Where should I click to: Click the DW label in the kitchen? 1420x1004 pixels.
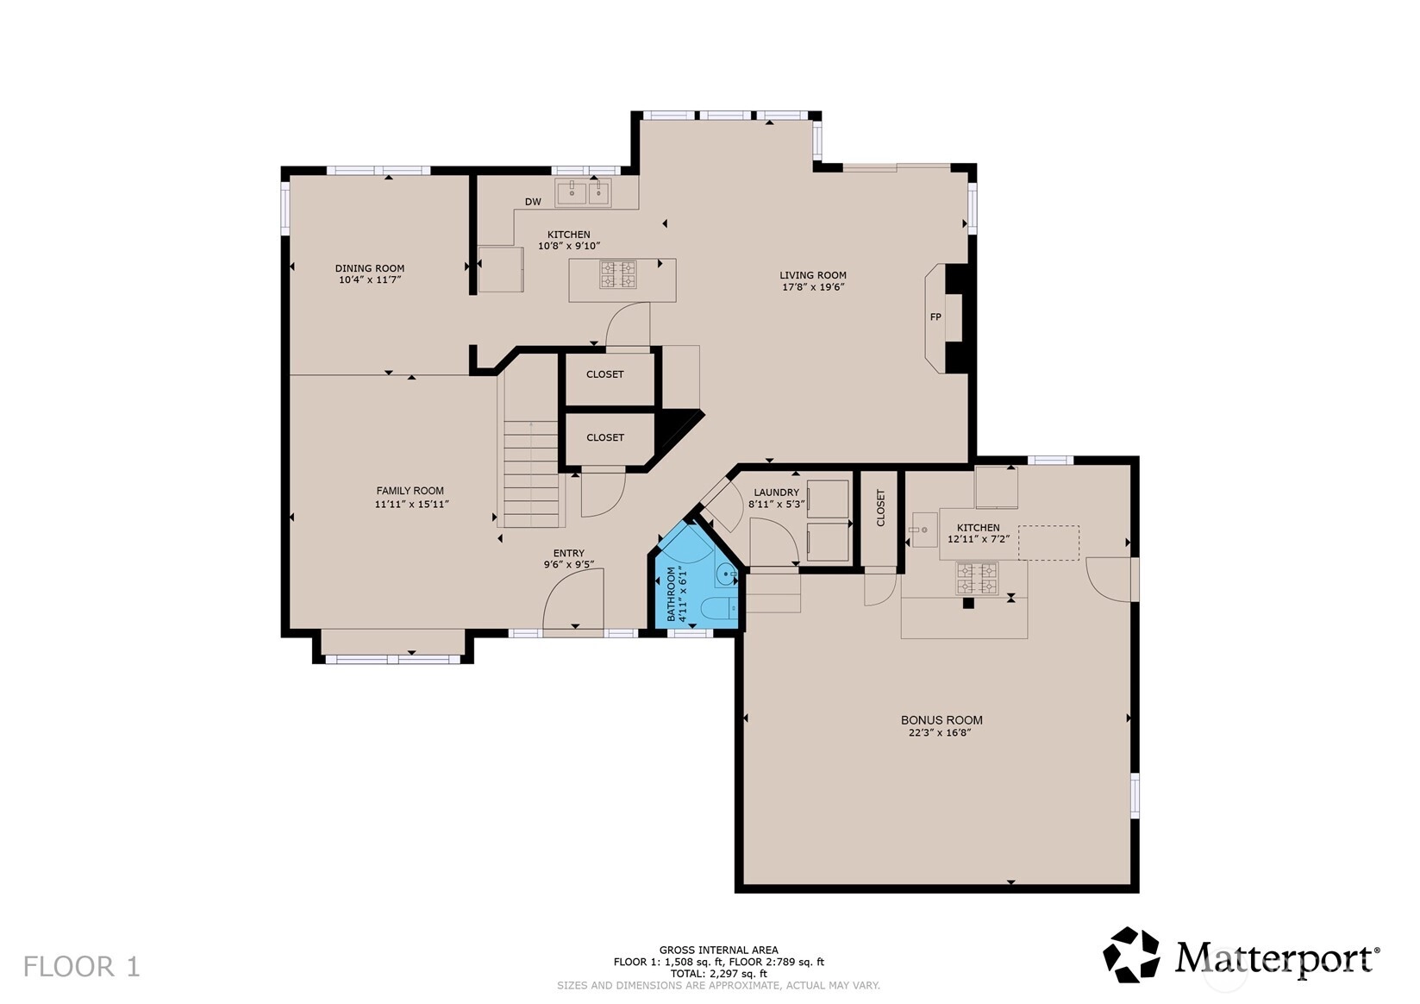(533, 202)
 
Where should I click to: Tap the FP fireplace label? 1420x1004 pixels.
(935, 317)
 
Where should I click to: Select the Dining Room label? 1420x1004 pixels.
(370, 268)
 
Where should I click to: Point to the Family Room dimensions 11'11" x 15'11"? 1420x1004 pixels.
(411, 505)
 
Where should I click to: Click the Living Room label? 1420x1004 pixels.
(813, 275)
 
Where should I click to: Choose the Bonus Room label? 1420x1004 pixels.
(941, 720)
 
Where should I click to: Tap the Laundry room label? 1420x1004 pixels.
(777, 493)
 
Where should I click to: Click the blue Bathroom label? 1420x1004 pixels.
(671, 593)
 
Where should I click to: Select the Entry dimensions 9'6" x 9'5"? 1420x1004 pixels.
(569, 564)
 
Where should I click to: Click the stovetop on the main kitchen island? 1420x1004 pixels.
(618, 275)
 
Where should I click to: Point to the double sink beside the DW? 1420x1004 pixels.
(583, 192)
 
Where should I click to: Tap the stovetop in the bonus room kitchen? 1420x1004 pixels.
(977, 579)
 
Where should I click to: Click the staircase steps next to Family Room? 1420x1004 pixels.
(531, 474)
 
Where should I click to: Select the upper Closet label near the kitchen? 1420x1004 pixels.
(604, 374)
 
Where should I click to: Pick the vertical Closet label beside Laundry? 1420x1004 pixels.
(880, 507)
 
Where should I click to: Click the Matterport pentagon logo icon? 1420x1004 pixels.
(1131, 955)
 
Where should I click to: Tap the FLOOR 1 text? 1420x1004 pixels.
(81, 967)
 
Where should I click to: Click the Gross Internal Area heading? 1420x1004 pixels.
(719, 950)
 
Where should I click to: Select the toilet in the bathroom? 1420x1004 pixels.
(721, 608)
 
